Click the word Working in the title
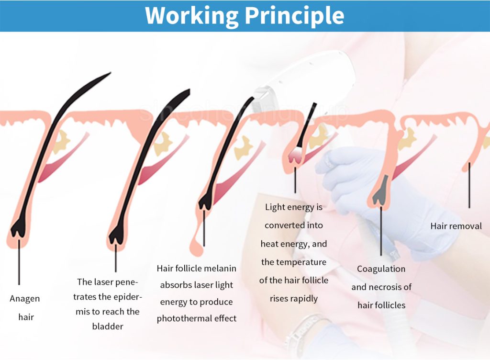point(191,16)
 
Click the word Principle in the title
point(294,16)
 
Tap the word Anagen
point(25,299)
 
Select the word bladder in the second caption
point(108,326)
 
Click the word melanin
point(221,268)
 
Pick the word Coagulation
point(381,269)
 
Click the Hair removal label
point(456,226)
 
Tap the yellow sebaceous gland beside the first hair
point(61,142)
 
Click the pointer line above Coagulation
point(381,231)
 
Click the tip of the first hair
point(111,73)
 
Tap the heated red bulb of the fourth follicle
point(295,155)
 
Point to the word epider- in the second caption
point(124,297)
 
